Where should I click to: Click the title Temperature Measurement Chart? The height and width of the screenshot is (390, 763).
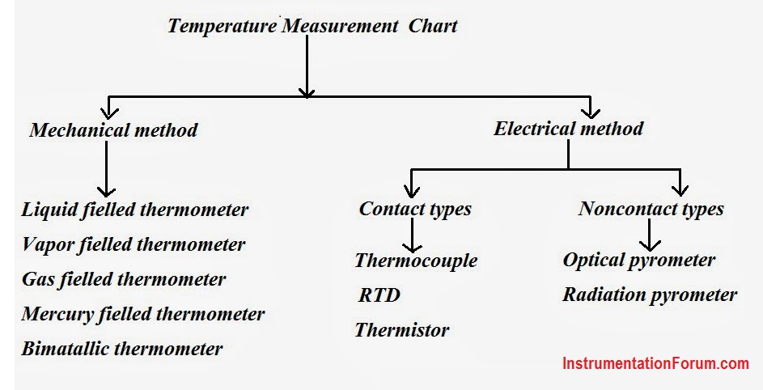[312, 25]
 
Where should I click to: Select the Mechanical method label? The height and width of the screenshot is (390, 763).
[113, 130]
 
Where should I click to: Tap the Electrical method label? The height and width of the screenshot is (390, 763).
[568, 129]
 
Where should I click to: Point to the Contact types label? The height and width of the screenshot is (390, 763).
[415, 209]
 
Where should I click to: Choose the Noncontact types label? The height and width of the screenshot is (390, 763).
[651, 209]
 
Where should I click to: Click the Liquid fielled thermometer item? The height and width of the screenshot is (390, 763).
[135, 210]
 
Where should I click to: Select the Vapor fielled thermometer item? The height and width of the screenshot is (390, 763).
[134, 244]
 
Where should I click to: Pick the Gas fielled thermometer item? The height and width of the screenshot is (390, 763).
[124, 279]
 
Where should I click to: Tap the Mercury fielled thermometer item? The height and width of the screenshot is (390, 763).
[143, 314]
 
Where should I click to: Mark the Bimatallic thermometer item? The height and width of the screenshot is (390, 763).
[122, 349]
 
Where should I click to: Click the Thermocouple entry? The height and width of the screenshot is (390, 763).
[416, 261]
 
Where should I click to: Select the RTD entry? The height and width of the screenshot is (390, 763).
[379, 295]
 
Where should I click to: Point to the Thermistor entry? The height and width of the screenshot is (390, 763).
[402, 330]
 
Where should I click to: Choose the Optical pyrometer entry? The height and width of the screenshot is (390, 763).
[639, 260]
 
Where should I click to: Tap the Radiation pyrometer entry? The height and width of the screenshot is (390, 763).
[650, 295]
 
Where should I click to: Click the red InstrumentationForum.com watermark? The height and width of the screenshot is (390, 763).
[655, 363]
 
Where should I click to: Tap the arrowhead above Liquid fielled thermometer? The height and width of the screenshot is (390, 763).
[106, 190]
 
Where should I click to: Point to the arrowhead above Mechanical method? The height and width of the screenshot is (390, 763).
[109, 113]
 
